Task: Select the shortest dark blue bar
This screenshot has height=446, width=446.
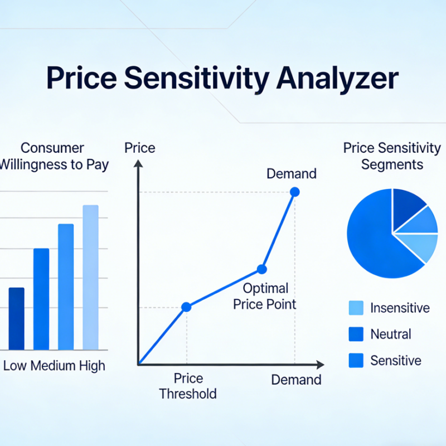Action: point(17,318)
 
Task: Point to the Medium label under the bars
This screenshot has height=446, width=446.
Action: point(52,366)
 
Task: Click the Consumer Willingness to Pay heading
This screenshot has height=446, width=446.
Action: point(53,156)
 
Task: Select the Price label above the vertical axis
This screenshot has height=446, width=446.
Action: point(139,148)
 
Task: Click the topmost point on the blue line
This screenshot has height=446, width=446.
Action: point(295,192)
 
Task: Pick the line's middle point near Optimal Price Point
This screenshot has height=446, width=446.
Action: point(261,269)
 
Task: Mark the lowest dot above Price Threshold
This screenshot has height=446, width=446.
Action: point(187,307)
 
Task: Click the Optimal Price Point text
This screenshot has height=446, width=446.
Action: point(265,296)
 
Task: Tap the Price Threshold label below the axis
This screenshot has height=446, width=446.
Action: point(187,386)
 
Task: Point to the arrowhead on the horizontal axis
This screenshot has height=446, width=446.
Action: point(319,365)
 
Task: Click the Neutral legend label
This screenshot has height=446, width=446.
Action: point(390,334)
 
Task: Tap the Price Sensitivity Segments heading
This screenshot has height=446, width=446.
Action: point(391,156)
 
